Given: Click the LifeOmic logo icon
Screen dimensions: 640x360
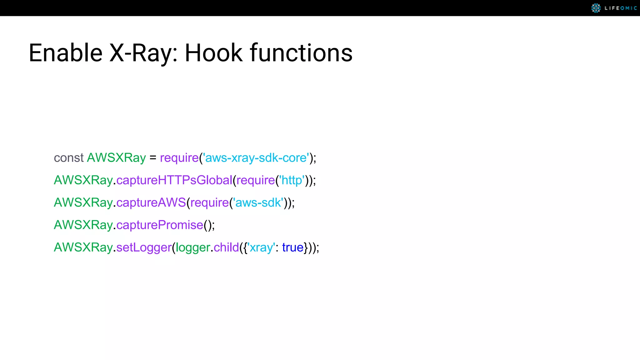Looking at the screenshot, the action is click(x=596, y=8).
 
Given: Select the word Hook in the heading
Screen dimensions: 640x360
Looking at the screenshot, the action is click(x=213, y=53).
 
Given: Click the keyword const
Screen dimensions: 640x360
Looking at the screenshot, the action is click(x=68, y=158).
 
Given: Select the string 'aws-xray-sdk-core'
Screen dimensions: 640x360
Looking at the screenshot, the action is click(x=256, y=158).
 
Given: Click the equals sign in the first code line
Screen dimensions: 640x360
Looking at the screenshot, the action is click(x=153, y=158).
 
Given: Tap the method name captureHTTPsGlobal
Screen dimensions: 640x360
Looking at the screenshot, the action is click(x=174, y=180).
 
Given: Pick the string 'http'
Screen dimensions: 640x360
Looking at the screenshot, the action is click(x=292, y=180).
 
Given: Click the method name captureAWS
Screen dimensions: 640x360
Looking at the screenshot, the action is click(x=151, y=203).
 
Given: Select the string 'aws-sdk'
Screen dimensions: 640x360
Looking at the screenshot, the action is click(x=258, y=203).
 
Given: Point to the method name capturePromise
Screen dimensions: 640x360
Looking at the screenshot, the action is click(x=160, y=225).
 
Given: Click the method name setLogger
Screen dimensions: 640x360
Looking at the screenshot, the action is click(x=144, y=247).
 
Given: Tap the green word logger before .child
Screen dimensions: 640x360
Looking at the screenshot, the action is click(x=193, y=247).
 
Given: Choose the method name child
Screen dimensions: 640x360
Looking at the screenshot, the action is click(x=226, y=247).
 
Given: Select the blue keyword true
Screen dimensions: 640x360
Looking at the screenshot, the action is click(x=293, y=247).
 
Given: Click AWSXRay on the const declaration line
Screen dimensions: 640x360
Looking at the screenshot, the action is click(x=116, y=158).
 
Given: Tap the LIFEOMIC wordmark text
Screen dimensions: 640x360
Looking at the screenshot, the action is click(x=621, y=8).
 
